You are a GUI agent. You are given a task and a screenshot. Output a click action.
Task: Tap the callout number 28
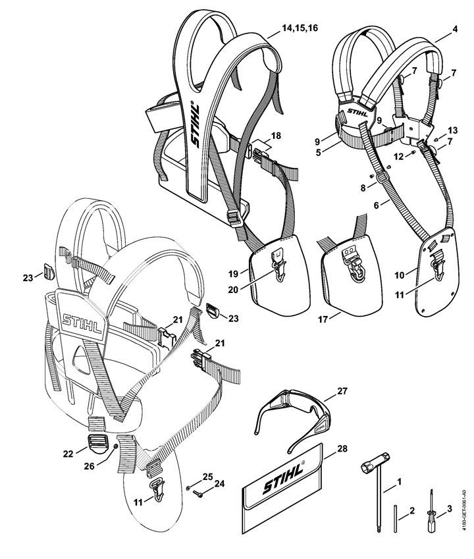click(341, 448)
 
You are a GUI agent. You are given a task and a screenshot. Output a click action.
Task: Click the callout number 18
click(275, 135)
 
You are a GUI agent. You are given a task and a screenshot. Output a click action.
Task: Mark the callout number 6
click(377, 205)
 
